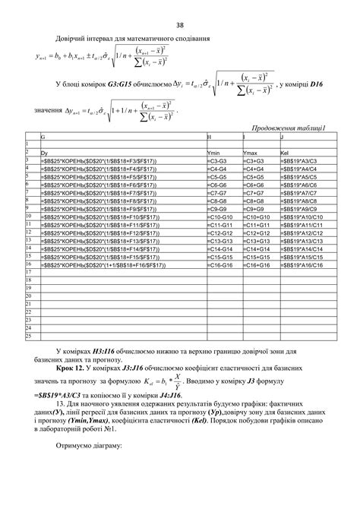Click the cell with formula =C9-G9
click(x=218, y=209)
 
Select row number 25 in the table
click(x=27, y=334)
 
